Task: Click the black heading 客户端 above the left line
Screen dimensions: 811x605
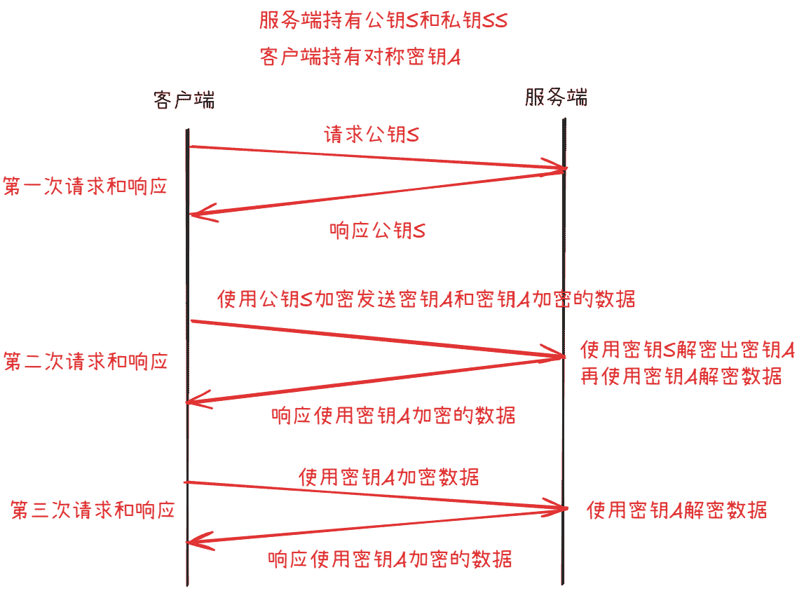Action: (184, 100)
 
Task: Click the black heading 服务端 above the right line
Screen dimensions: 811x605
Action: (556, 97)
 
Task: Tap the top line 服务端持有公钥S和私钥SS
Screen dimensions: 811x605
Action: (383, 20)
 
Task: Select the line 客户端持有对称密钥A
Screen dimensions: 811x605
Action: (360, 56)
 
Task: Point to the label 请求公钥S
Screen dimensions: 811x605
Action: (372, 135)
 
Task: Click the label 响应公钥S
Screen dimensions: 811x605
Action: (378, 230)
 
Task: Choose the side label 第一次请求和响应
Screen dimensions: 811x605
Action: (85, 186)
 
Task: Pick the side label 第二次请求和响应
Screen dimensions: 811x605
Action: (86, 362)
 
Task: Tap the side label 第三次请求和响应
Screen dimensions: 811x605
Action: (93, 510)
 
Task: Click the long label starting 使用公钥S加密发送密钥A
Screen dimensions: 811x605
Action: (426, 299)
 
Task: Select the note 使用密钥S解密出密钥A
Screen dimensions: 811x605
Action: (688, 350)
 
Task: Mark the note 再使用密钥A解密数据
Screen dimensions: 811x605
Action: (681, 376)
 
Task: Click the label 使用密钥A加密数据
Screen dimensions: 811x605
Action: (388, 477)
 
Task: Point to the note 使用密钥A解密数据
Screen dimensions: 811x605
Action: (676, 510)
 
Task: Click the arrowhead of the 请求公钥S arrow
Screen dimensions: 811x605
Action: (566, 168)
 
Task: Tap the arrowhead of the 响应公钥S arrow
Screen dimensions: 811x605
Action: (191, 214)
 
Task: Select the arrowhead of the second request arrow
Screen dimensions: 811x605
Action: (563, 356)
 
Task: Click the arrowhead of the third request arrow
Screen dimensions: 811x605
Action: (566, 509)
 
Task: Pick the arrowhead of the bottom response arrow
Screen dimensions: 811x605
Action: (189, 542)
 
